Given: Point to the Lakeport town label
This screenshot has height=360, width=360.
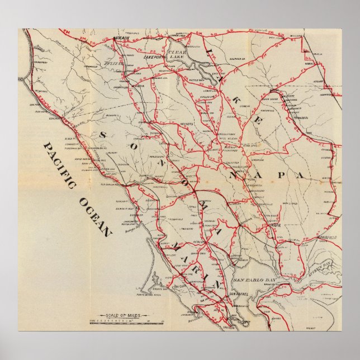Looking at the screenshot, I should click(152, 57).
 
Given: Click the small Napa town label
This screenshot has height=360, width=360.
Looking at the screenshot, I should click(274, 225).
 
